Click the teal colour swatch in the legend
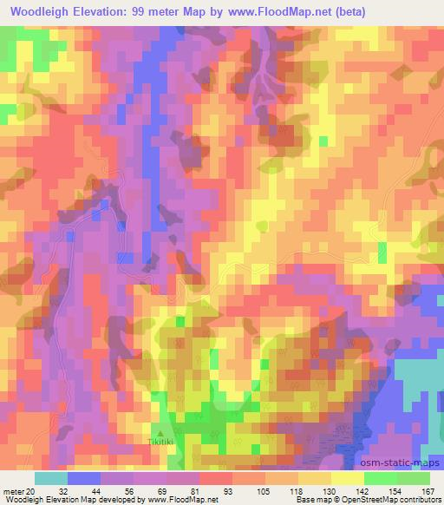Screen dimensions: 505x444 (x=50, y=478)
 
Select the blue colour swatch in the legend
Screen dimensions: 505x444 (x=84, y=478)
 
